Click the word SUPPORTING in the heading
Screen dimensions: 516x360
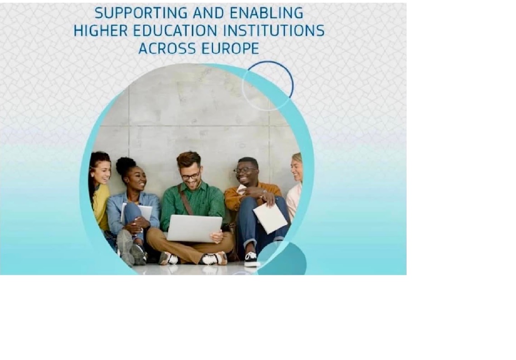coord(141,13)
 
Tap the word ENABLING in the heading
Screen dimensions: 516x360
coord(266,13)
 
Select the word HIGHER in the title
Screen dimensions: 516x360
coord(100,31)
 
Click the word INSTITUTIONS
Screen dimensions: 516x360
coord(274,31)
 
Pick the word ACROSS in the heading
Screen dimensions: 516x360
coord(167,49)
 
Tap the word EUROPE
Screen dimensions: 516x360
coord(230,49)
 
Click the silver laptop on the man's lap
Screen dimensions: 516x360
coord(194,228)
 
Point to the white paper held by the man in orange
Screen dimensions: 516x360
coord(271,218)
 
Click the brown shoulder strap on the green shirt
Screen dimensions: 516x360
coord(186,199)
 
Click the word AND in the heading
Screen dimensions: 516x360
coord(209,13)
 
